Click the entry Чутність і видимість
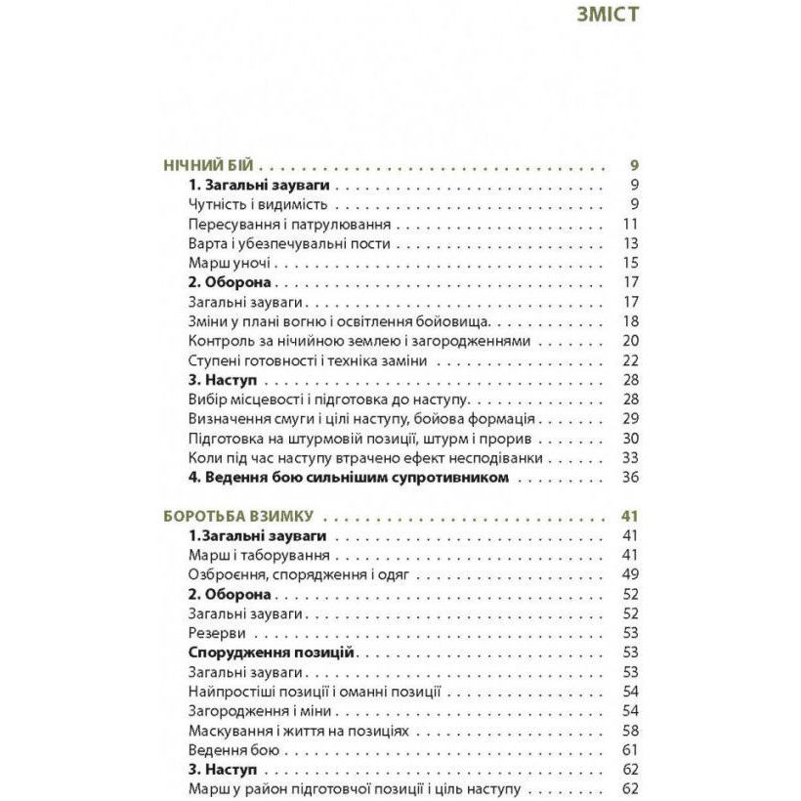click(x=257, y=204)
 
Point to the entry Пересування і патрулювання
click(x=276, y=224)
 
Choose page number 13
click(x=630, y=243)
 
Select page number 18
click(x=630, y=321)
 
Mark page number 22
click(x=630, y=360)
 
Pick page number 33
click(x=630, y=458)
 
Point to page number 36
click(x=630, y=478)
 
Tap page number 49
click(x=630, y=574)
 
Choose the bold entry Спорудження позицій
click(x=270, y=653)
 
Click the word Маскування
click(x=227, y=731)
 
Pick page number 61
click(x=630, y=750)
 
